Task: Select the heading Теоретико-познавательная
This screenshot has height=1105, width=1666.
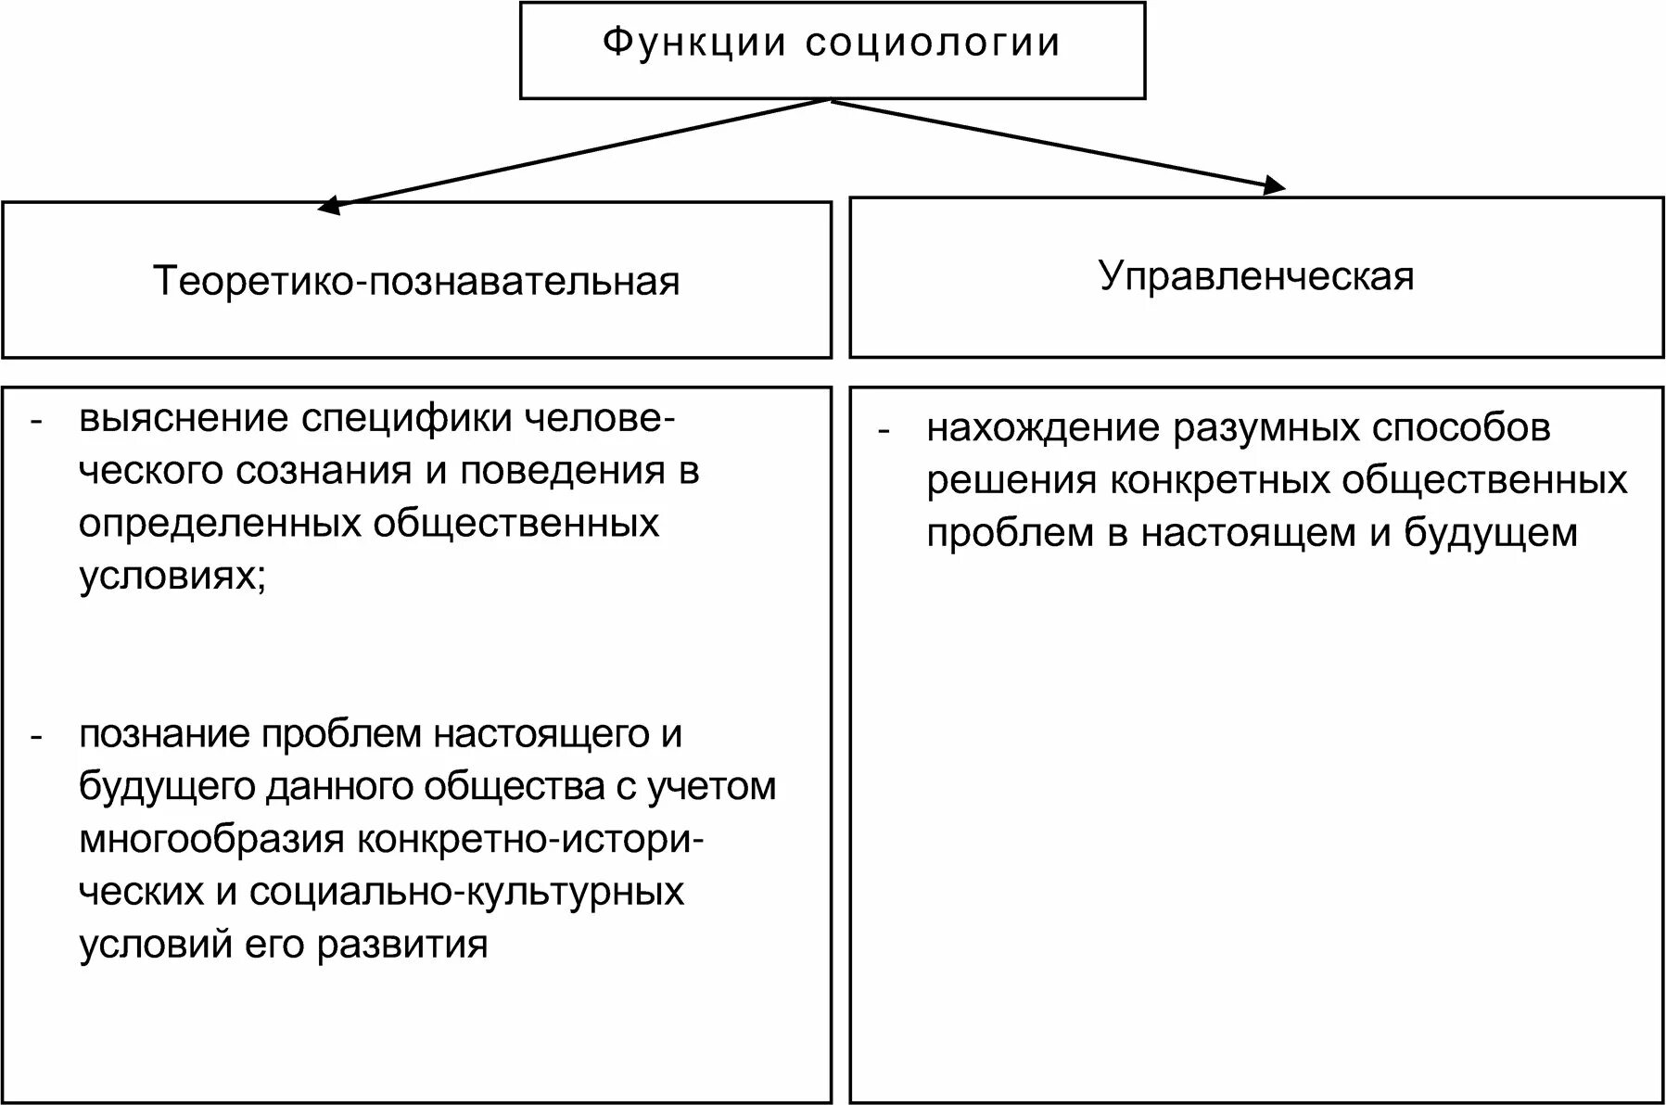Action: (416, 281)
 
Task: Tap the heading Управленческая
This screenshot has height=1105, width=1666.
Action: (1256, 276)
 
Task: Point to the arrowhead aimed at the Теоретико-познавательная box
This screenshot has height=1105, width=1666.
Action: (329, 206)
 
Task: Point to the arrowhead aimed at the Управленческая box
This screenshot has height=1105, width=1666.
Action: (1275, 185)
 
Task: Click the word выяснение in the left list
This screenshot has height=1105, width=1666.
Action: (184, 419)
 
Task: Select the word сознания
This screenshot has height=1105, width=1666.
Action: (324, 471)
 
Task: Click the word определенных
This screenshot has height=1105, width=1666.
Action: (218, 524)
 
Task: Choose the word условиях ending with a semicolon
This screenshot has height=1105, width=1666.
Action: (172, 577)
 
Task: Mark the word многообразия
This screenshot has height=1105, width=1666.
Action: (211, 840)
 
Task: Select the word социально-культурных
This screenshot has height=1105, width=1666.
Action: (467, 892)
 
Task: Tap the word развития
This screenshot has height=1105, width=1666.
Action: (401, 945)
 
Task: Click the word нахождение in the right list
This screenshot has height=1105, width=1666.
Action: (1043, 428)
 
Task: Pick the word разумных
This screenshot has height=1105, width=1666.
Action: (1266, 428)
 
